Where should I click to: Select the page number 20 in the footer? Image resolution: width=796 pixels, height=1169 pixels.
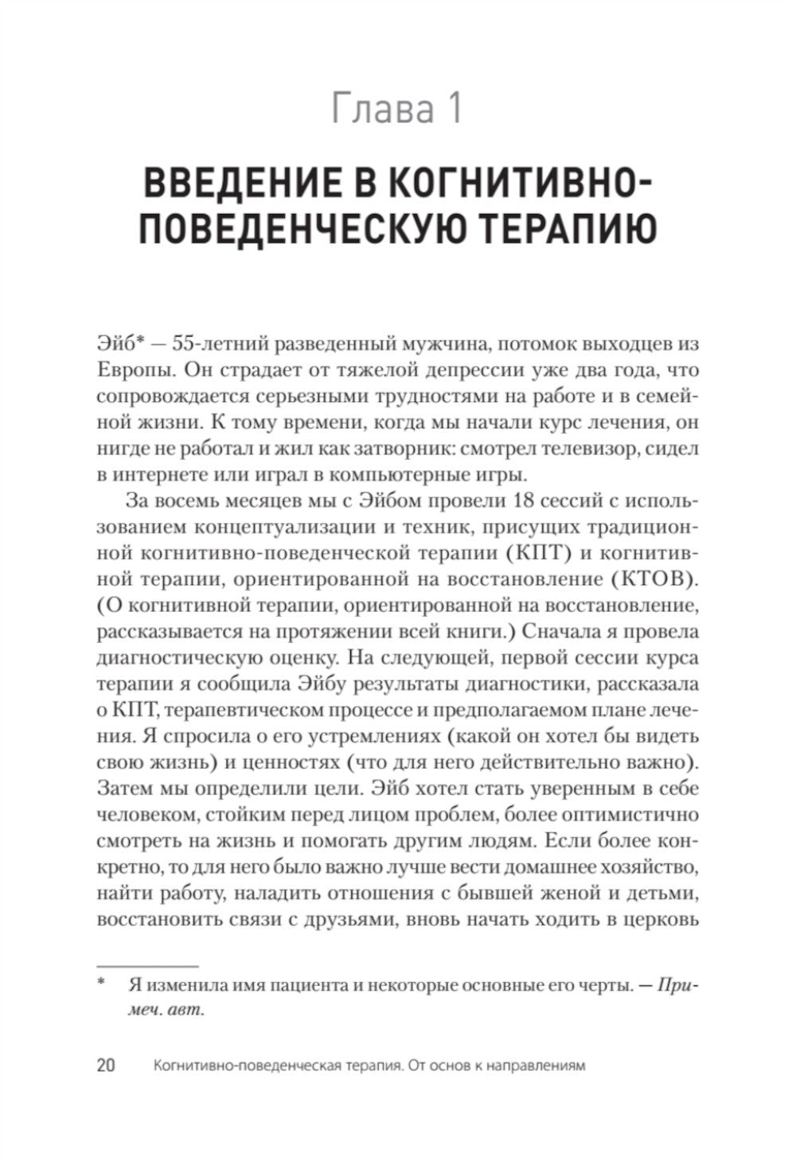point(106,1065)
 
